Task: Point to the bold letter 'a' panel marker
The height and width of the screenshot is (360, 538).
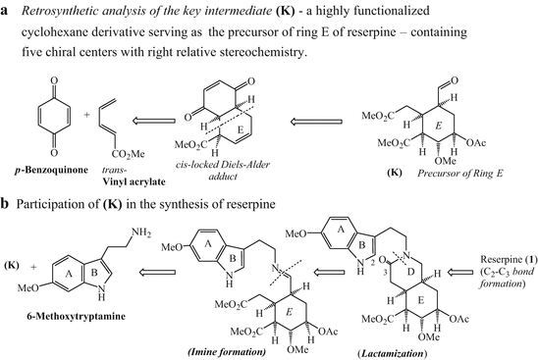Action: (x=7, y=11)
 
